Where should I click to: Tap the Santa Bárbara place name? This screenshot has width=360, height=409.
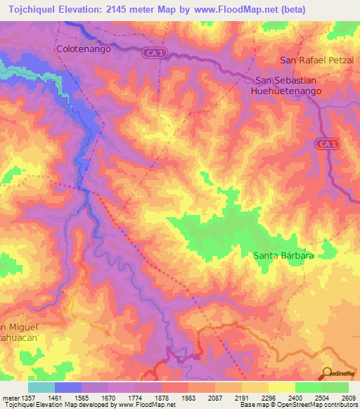pos(283,257)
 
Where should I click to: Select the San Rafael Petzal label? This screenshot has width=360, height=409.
pos(319,60)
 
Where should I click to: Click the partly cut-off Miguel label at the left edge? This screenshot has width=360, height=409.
pos(22,328)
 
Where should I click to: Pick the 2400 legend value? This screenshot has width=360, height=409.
pos(295,397)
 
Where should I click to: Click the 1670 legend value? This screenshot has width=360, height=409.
pos(108,397)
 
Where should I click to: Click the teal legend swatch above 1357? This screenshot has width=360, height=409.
pos(41,387)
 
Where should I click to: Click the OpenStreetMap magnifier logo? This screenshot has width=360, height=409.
pos(327,372)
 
